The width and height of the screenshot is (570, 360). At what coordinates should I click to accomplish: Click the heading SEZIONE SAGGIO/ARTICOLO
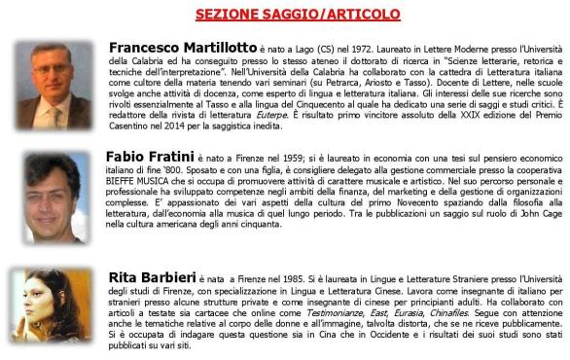[x=283, y=15]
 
